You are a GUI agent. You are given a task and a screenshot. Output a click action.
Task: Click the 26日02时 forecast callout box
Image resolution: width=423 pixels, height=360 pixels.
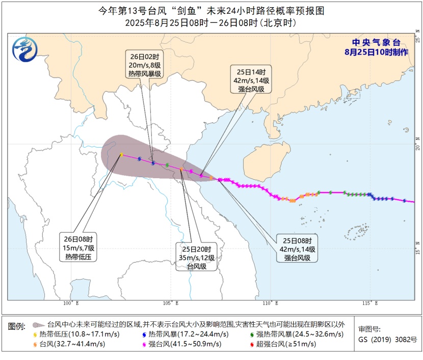point(145,64)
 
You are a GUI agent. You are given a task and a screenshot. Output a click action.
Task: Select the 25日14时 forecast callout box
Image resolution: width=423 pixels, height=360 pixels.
point(251,79)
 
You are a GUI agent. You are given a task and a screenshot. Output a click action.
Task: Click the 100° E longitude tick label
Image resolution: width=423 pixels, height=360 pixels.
point(70,304)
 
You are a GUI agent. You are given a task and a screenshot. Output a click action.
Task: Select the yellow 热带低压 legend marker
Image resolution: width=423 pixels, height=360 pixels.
point(35,335)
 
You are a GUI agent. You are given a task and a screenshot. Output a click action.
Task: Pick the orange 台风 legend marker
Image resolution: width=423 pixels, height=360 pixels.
point(35,345)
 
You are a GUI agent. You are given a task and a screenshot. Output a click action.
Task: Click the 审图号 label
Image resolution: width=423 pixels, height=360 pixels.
point(368,329)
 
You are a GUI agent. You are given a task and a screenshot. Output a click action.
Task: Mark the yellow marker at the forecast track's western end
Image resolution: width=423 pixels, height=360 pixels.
point(121,155)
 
